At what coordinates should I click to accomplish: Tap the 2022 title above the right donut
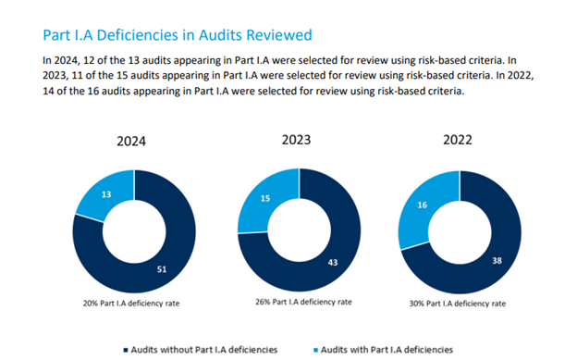460,141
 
